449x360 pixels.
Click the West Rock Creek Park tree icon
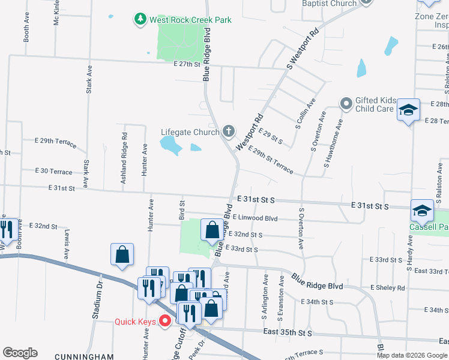[140, 19]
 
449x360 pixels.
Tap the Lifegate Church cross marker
[228, 131]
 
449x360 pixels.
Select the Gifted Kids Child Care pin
[346, 104]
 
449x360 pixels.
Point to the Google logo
[20, 353]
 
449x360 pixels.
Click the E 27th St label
[186, 64]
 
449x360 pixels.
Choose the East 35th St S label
[288, 332]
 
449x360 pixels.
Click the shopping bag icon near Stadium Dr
[122, 254]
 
